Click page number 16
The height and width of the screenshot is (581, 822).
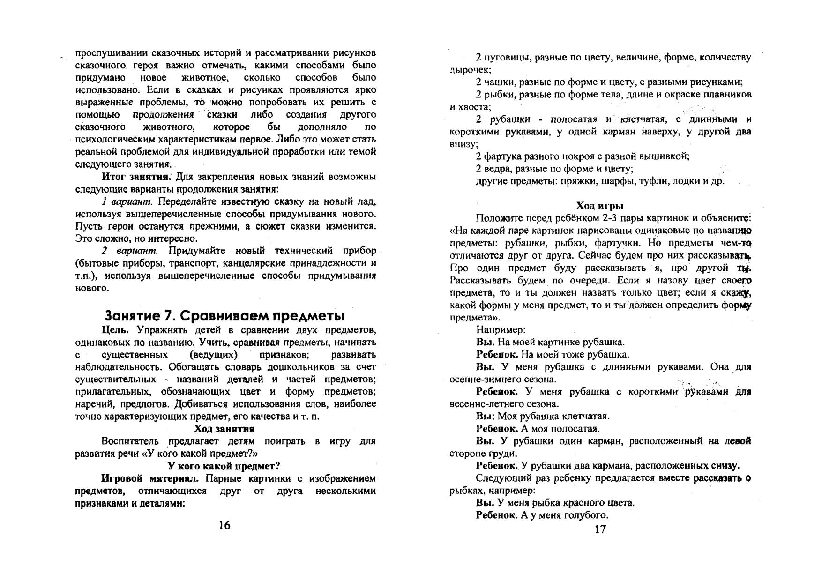(x=224, y=525)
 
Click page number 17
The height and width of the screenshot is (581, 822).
(x=600, y=529)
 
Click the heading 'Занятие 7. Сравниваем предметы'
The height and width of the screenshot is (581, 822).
(x=224, y=315)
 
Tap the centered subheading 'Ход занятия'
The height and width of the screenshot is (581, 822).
(x=224, y=429)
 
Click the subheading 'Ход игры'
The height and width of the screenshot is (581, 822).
(x=599, y=206)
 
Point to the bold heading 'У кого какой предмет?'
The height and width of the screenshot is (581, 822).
(x=224, y=466)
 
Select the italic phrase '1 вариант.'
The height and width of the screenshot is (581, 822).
(x=127, y=202)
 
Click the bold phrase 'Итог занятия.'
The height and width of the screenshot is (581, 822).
(x=137, y=177)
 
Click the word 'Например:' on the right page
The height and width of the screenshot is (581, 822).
(x=500, y=330)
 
